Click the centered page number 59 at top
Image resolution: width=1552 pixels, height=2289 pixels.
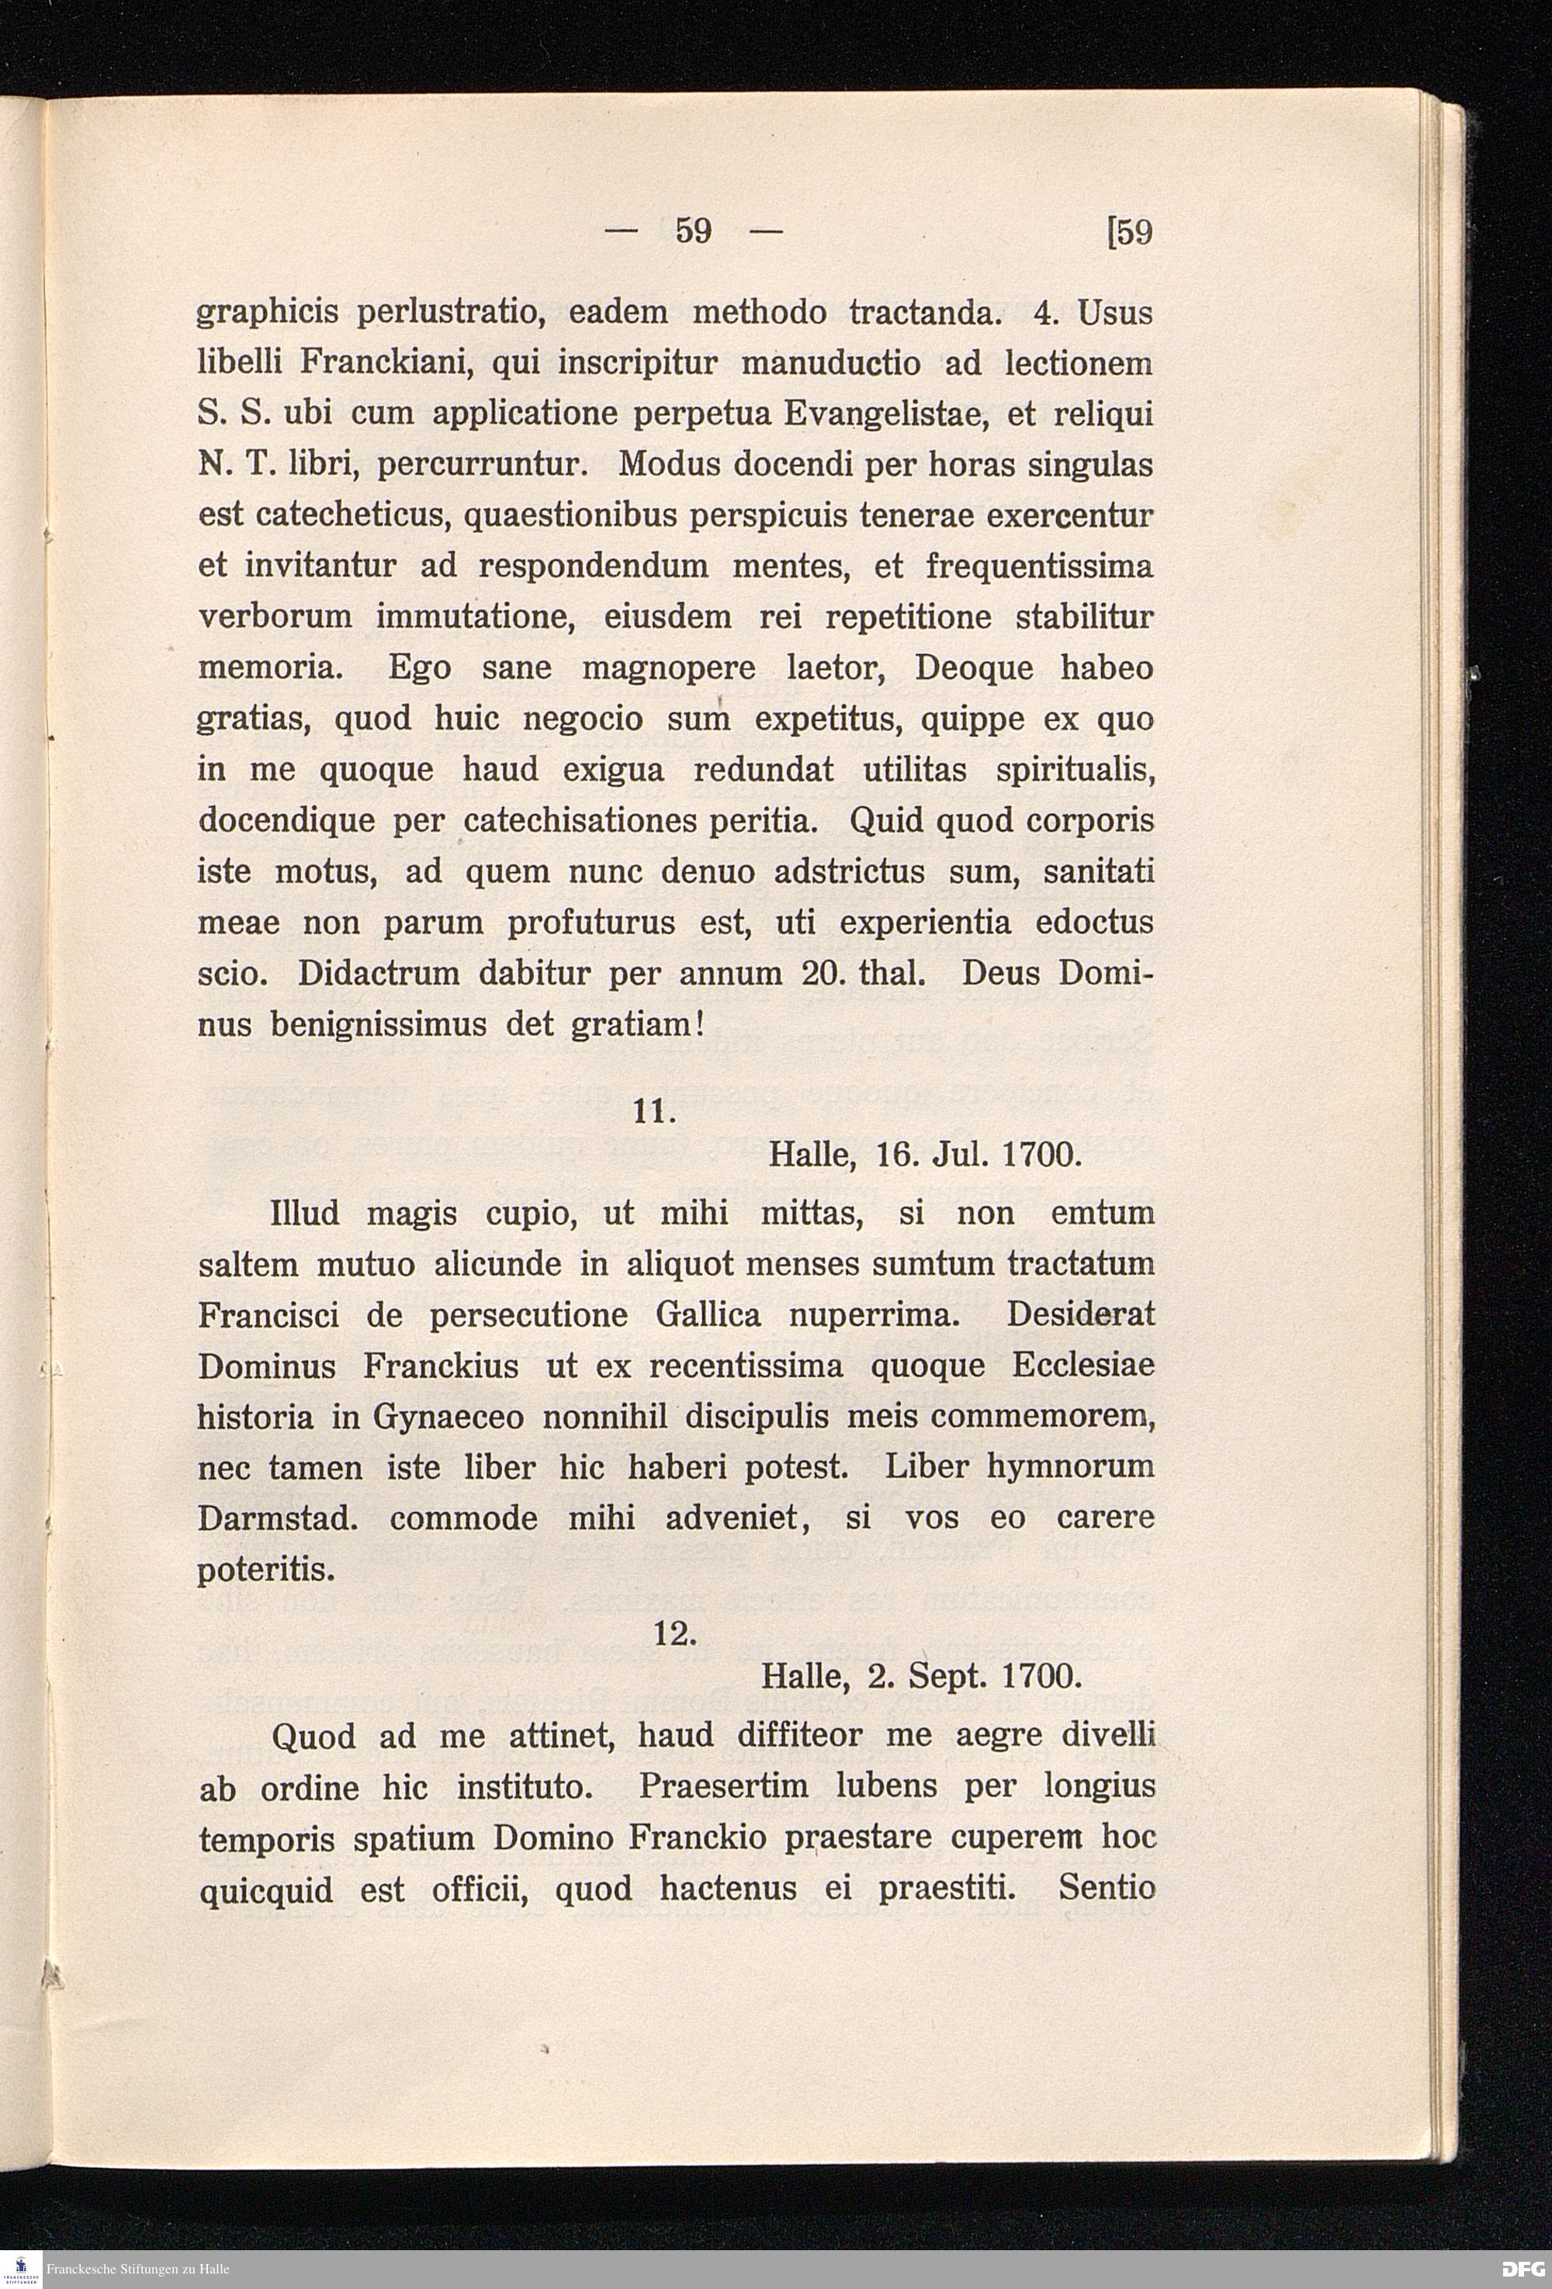coord(693,233)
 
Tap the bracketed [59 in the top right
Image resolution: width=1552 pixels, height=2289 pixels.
coord(1130,233)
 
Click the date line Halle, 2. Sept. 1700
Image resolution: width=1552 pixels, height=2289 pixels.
coord(922,1676)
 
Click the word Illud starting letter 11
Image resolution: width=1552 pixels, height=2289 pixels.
coord(304,1214)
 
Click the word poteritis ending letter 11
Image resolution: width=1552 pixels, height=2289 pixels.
coord(267,1570)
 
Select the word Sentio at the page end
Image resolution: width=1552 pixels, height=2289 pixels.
coord(1106,1888)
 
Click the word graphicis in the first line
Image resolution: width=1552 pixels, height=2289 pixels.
coord(267,313)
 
